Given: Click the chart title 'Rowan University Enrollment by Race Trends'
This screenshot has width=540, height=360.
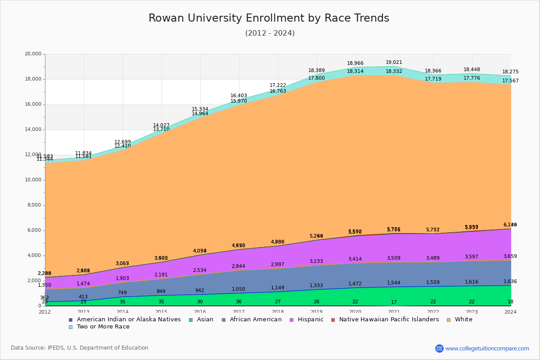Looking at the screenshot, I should pos(269,18).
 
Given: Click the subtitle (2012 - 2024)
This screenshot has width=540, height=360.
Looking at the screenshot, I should pos(270,33).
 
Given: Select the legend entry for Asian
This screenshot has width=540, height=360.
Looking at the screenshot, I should pos(201,319).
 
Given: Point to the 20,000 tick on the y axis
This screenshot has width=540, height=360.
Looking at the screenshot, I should pos(33,54).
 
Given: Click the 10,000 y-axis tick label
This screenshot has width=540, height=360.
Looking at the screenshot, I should pos(33,180).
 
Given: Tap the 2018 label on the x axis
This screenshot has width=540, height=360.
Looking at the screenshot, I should pos(278,312).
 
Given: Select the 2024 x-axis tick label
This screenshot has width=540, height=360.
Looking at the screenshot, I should pos(510,312).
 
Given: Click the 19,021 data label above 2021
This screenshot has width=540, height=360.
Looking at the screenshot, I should pos(394,63).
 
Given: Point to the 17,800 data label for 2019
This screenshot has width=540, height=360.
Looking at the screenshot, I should pos(316,78).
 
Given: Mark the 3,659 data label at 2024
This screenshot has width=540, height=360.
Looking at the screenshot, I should pos(510,256).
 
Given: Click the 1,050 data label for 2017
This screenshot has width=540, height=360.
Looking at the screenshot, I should pos(238,289).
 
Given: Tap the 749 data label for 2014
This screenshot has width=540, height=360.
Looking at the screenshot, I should pos(122,293).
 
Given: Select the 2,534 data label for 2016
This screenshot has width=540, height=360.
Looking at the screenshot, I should pos(200,270).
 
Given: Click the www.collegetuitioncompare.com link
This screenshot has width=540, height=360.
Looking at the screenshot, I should pos(487,348).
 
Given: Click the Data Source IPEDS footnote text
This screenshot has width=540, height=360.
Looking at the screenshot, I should pos(80,348).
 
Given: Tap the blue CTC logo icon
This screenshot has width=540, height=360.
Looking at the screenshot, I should pos(439,348).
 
